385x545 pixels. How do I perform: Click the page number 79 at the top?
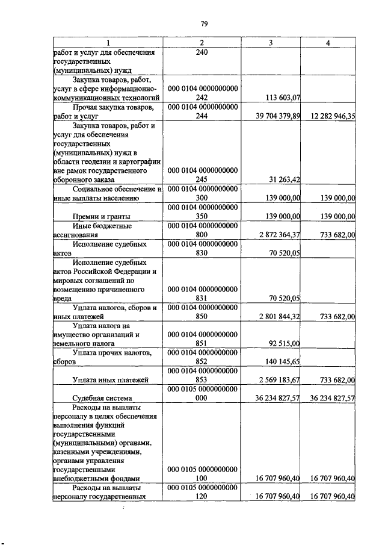[x=203, y=23]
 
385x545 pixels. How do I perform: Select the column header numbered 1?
[x=108, y=42]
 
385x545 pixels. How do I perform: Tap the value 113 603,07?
[x=280, y=97]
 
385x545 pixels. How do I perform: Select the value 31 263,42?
[x=282, y=179]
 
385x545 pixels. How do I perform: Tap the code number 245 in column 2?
[x=202, y=179]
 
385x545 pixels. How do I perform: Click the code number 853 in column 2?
[x=202, y=380]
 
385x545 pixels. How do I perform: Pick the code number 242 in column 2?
[x=202, y=97]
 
